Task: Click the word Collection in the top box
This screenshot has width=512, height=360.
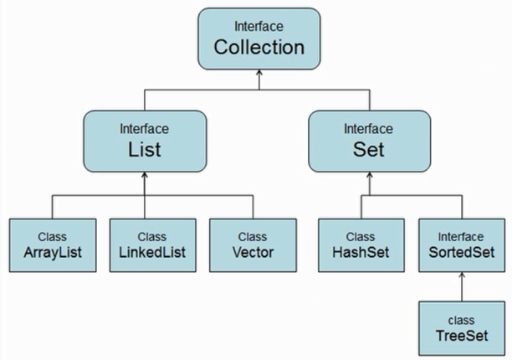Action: [x=259, y=47]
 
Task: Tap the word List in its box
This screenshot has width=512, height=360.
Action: [x=145, y=151]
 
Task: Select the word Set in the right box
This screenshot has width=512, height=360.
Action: [x=368, y=151]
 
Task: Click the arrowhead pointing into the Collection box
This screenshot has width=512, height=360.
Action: [x=259, y=74]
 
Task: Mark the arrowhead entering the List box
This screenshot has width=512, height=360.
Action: [x=145, y=176]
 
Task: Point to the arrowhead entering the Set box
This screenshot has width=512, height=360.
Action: [x=368, y=176]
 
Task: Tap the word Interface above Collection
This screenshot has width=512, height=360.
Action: [x=259, y=26]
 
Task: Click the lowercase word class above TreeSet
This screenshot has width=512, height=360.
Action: [x=462, y=319]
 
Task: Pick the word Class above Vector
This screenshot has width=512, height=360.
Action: [x=252, y=235]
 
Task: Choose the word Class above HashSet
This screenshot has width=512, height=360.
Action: [x=361, y=235]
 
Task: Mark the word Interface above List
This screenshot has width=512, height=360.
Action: [x=145, y=130]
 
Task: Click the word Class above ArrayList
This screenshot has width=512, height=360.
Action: [x=52, y=235]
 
